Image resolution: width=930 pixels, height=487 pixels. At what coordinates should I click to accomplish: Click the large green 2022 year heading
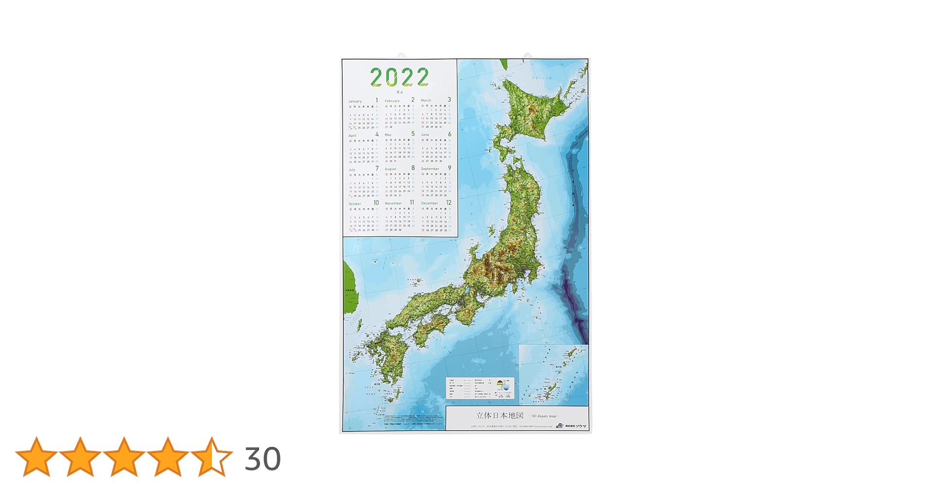pyautogui.click(x=399, y=77)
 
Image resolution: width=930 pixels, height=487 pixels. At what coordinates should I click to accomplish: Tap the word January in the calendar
pyautogui.click(x=355, y=101)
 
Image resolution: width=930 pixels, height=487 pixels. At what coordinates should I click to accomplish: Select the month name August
pyautogui.click(x=391, y=169)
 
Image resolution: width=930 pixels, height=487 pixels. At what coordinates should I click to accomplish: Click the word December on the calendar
pyautogui.click(x=429, y=203)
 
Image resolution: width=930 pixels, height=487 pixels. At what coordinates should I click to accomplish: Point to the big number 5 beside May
pyautogui.click(x=413, y=134)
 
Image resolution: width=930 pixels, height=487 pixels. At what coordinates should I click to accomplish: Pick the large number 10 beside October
pyautogui.click(x=376, y=203)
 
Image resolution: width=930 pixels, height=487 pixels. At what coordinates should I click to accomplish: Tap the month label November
pyautogui.click(x=393, y=203)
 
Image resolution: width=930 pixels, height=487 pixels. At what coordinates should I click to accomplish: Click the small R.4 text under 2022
pyautogui.click(x=400, y=92)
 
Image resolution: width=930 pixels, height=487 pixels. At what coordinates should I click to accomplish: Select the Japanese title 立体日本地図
pyautogui.click(x=500, y=415)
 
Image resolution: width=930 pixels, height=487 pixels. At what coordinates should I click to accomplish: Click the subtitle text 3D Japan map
pyautogui.click(x=544, y=416)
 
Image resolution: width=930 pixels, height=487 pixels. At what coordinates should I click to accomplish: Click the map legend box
pyautogui.click(x=480, y=388)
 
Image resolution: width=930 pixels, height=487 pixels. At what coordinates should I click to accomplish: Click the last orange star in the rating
pyautogui.click(x=211, y=456)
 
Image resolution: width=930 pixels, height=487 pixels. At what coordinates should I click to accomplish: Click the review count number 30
pyautogui.click(x=262, y=459)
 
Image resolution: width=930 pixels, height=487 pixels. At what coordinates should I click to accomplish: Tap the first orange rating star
pyautogui.click(x=36, y=456)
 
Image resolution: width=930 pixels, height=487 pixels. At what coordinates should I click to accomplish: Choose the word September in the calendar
pyautogui.click(x=430, y=169)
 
